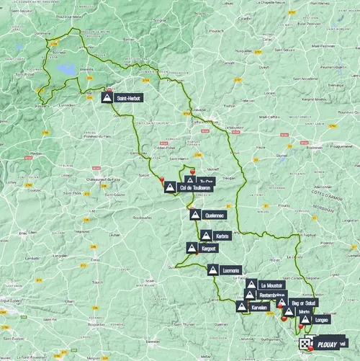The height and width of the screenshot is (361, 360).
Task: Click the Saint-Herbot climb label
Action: (x=132, y=97)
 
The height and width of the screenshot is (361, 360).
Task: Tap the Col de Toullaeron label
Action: (x=194, y=187)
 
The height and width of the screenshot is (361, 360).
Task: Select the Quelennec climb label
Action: (x=215, y=215)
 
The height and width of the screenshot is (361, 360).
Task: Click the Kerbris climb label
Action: (x=222, y=236)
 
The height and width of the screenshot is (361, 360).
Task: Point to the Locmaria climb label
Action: (x=231, y=270)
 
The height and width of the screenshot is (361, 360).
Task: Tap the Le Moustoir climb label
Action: (x=272, y=285)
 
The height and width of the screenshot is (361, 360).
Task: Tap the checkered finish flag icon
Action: (x=305, y=344)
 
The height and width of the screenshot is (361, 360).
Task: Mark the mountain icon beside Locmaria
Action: (x=213, y=270)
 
